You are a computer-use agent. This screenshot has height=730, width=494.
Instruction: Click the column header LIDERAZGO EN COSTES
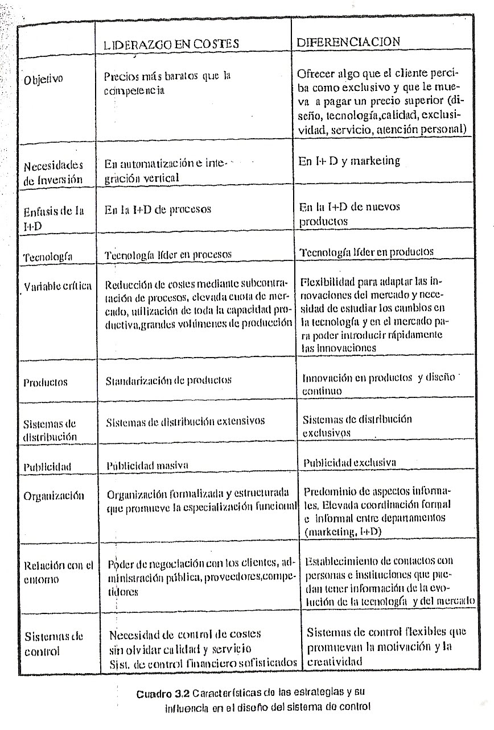(170, 43)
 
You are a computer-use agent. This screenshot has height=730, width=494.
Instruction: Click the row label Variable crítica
(57, 285)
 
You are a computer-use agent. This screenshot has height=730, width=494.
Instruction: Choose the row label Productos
(45, 382)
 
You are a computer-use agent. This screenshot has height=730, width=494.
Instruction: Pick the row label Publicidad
(47, 467)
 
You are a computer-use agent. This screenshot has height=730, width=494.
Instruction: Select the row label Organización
(53, 495)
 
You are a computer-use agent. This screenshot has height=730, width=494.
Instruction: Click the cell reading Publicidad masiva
(147, 465)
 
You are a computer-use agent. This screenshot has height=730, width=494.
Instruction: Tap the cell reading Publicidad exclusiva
(349, 462)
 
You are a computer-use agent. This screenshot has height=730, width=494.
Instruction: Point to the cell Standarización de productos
(168, 379)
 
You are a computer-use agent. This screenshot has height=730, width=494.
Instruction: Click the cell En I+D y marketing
(349, 161)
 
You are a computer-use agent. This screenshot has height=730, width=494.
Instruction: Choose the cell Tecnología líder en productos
(366, 252)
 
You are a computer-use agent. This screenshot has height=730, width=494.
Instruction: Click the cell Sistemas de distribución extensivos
(185, 421)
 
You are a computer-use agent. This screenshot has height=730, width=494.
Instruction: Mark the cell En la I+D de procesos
(158, 209)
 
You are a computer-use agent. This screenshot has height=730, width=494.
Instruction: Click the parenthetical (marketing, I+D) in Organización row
(343, 531)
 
